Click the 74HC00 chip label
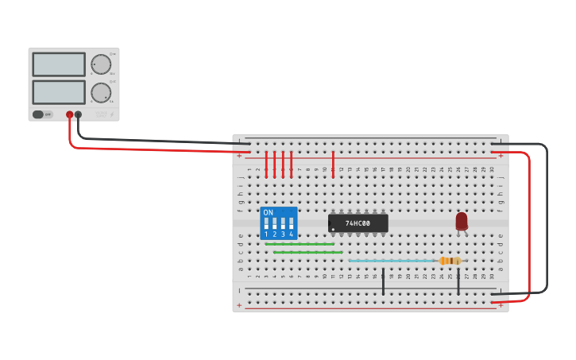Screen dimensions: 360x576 tap(358, 223)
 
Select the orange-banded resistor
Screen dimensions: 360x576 tap(450, 261)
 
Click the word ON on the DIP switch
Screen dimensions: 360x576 tap(268, 212)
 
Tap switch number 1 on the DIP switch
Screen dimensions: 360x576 tap(266, 224)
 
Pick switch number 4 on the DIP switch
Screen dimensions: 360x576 tap(292, 224)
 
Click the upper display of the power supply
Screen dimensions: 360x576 tap(59, 64)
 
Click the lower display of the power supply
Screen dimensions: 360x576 tap(59, 91)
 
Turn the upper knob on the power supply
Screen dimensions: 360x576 tap(101, 64)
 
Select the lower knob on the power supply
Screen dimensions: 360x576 tap(101, 92)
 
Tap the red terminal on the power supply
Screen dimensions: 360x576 tap(70, 114)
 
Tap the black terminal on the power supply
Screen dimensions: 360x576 tap(78, 114)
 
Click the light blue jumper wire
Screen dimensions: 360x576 tap(393, 261)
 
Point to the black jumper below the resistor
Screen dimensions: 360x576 tap(458, 281)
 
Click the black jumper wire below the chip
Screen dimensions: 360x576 tap(383, 281)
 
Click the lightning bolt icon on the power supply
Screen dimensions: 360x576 tap(112, 114)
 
